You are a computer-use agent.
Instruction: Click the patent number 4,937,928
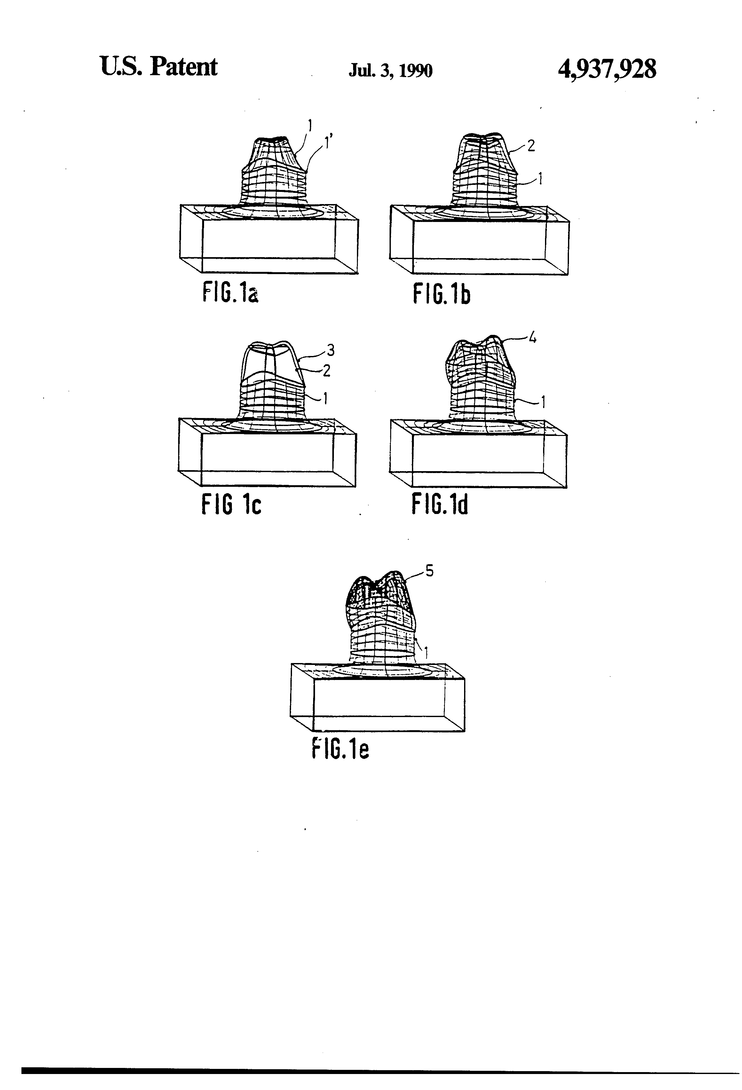point(607,69)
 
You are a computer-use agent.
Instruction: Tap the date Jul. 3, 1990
point(390,70)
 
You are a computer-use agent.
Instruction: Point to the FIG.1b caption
point(441,294)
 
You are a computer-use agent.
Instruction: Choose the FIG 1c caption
point(231,505)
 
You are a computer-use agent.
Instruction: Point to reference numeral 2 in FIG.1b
point(531,146)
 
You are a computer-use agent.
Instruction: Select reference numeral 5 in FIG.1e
point(429,571)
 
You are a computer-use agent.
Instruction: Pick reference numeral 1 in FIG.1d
point(543,402)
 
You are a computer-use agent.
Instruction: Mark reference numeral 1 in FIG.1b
point(540,179)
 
